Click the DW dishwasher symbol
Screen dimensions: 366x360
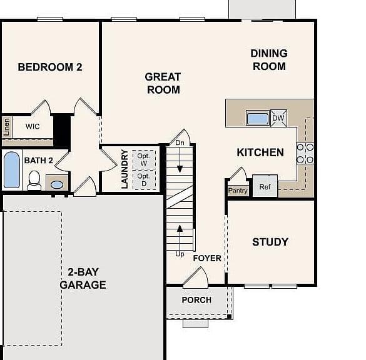click(278, 118)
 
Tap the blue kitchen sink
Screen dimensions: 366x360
click(258, 118)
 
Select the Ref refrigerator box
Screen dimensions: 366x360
click(265, 186)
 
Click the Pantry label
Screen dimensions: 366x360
click(238, 191)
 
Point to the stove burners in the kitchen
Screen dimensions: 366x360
click(305, 153)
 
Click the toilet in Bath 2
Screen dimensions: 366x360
click(34, 181)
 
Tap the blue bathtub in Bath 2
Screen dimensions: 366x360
click(12, 170)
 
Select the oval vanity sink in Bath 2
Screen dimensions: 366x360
click(57, 184)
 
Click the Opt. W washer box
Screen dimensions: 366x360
click(144, 160)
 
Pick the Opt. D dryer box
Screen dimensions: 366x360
click(144, 180)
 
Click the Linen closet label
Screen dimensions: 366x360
click(6, 127)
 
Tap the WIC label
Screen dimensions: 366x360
click(33, 126)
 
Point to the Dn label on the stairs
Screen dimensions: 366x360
click(180, 142)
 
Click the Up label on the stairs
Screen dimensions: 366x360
click(180, 254)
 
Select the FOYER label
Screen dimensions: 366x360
click(207, 258)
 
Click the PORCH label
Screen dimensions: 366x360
click(196, 300)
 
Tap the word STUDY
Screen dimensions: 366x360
click(270, 242)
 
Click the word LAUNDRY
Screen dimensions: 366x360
click(125, 169)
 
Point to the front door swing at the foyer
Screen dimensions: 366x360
click(196, 276)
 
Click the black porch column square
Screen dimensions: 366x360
click(229, 316)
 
